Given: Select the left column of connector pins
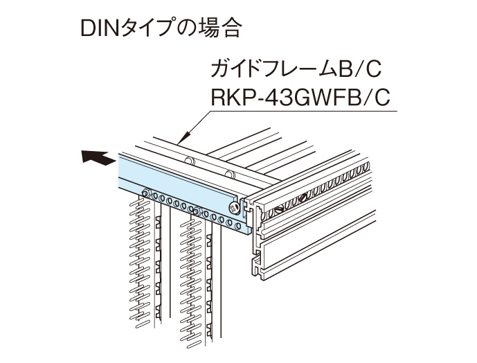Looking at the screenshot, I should click(x=141, y=270).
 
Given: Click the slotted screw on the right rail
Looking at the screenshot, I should click(x=280, y=208).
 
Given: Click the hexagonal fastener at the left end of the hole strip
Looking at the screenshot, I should click(x=145, y=194).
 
